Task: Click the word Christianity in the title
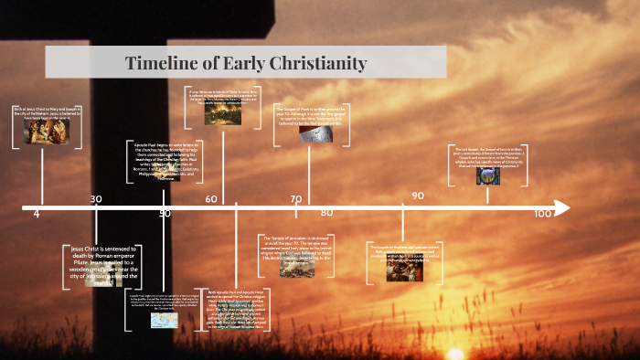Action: pyautogui.click(x=313, y=63)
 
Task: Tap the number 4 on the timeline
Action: pyautogui.click(x=37, y=214)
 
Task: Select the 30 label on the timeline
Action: pyautogui.click(x=96, y=198)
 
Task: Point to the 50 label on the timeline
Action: pyautogui.click(x=165, y=214)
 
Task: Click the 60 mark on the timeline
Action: pyautogui.click(x=211, y=198)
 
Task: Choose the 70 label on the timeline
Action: pyautogui.click(x=296, y=198)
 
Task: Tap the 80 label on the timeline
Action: pyautogui.click(x=326, y=213)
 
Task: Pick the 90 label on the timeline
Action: pyautogui.click(x=418, y=196)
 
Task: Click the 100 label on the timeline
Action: pyautogui.click(x=543, y=214)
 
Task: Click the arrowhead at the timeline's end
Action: pyautogui.click(x=560, y=209)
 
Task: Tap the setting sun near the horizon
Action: pyautogui.click(x=454, y=351)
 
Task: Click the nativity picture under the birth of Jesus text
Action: pyautogui.click(x=40, y=133)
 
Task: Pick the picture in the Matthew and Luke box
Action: pyautogui.click(x=403, y=270)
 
